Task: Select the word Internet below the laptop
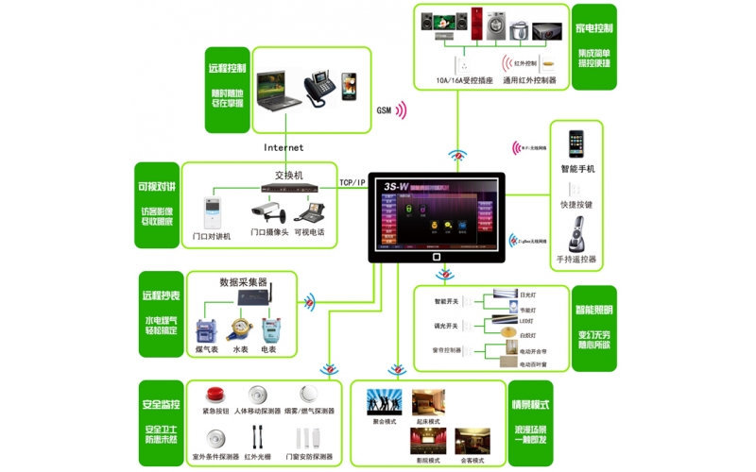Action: pos(283,147)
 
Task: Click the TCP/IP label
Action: pos(352,182)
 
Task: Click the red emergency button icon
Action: pos(214,395)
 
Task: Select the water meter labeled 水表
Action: pos(240,330)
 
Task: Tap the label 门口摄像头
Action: pos(270,232)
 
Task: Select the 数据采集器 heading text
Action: pos(243,281)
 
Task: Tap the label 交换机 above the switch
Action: pos(288,175)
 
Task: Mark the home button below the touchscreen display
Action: pos(436,256)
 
